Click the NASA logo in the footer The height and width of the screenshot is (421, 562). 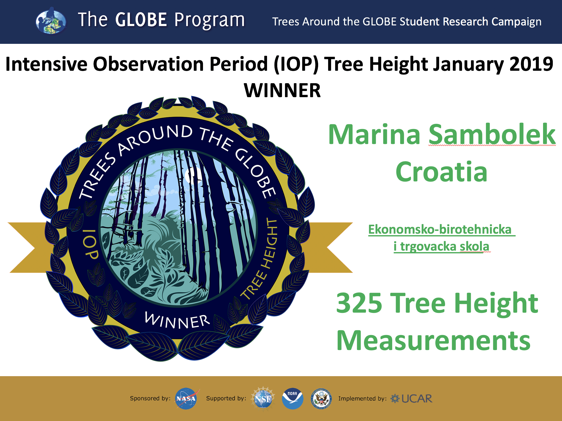(x=187, y=399)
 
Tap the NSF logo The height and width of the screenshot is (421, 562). (x=263, y=398)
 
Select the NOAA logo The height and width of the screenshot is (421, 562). (x=292, y=399)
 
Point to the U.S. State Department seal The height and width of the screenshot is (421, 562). (x=321, y=399)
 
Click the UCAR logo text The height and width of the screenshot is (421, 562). (x=417, y=399)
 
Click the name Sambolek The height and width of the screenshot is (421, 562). (x=492, y=135)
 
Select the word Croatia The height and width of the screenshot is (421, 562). (x=441, y=172)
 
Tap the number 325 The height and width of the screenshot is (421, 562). (x=359, y=303)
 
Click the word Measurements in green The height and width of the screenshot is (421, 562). (x=433, y=341)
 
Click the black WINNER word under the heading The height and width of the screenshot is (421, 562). (x=282, y=91)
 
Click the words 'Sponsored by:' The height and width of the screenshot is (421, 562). (x=150, y=398)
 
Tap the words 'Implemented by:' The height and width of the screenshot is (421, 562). (x=362, y=399)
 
